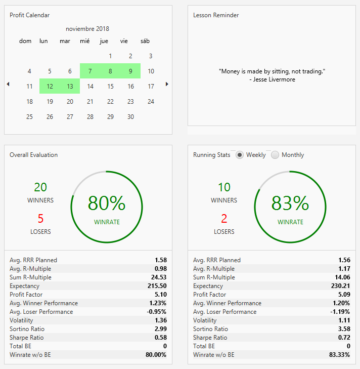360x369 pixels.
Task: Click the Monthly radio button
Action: (x=275, y=155)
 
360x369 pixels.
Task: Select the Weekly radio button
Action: (x=240, y=155)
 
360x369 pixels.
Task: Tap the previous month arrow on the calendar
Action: (x=8, y=84)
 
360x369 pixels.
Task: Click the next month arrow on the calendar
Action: (x=167, y=84)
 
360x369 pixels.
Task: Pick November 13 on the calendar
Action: (x=70, y=87)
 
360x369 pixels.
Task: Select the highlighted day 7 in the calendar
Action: (x=90, y=71)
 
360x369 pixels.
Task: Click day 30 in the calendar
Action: (x=130, y=117)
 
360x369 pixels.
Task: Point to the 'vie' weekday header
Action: (x=124, y=41)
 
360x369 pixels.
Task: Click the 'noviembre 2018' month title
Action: (x=87, y=29)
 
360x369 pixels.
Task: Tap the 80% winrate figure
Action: (x=107, y=203)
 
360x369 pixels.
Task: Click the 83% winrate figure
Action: (x=290, y=203)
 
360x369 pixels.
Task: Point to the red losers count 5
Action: (x=40, y=218)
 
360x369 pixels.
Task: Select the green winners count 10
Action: (x=224, y=187)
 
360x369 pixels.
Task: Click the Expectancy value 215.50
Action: (x=157, y=286)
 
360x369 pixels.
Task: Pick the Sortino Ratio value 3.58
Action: (x=344, y=329)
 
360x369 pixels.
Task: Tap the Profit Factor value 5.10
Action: (x=161, y=295)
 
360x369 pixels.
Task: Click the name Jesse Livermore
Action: (x=274, y=79)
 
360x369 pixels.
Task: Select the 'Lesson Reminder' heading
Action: (x=216, y=15)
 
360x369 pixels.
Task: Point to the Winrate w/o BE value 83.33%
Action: (x=340, y=355)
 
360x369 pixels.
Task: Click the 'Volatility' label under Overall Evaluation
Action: (x=21, y=320)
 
